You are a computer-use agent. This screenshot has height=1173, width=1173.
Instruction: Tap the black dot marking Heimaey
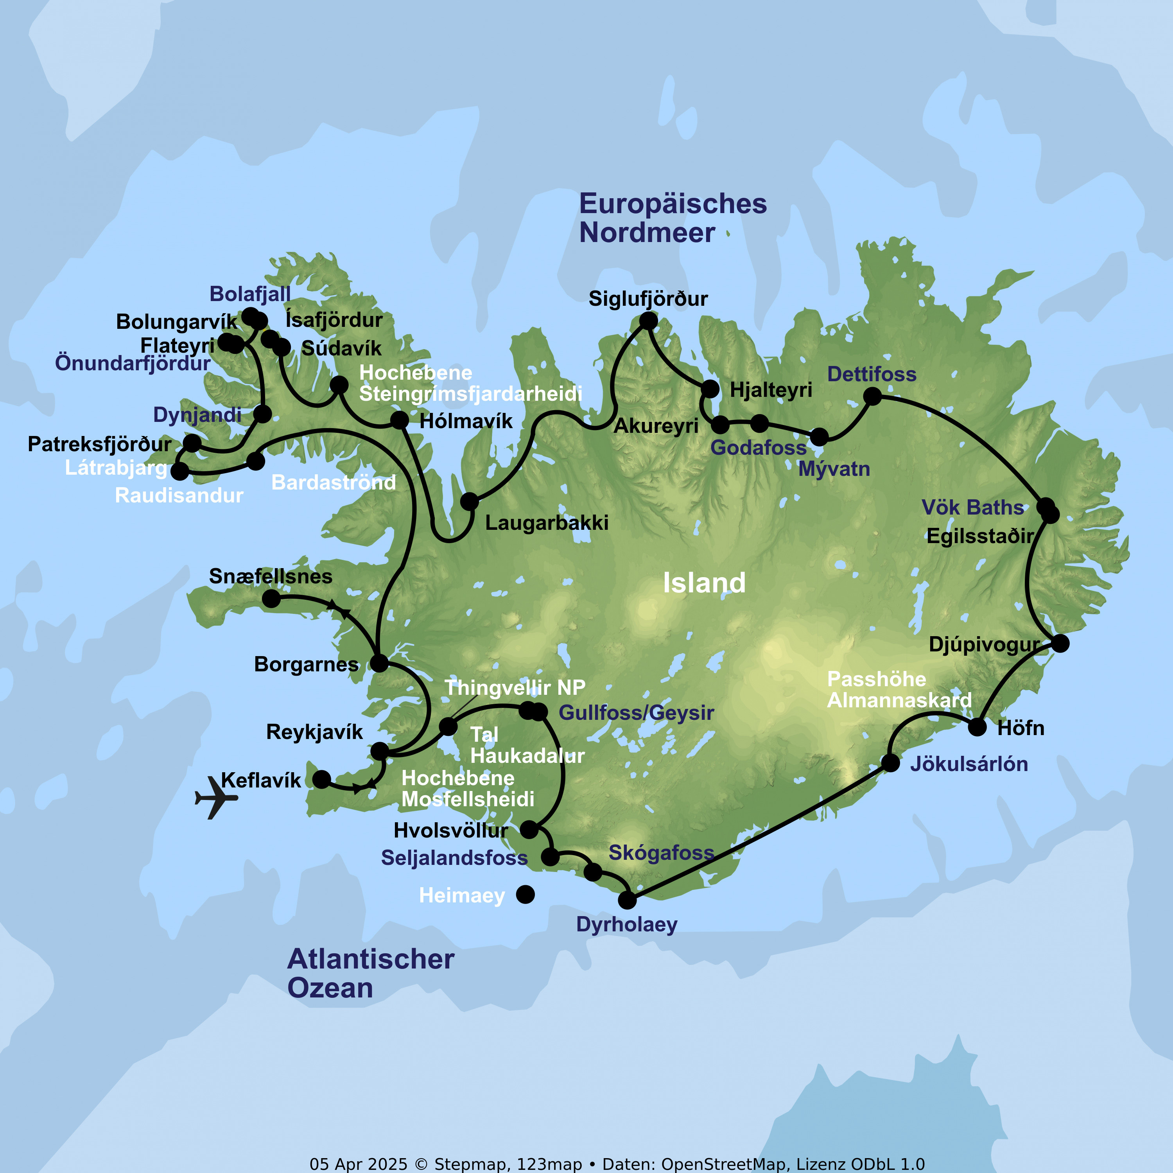(525, 894)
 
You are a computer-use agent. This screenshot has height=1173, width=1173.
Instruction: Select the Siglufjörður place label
(648, 299)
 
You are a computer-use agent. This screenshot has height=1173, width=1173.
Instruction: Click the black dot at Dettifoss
(872, 396)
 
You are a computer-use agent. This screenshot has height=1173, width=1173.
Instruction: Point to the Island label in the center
(704, 583)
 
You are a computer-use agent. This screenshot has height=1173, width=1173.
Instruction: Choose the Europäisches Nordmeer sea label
(672, 218)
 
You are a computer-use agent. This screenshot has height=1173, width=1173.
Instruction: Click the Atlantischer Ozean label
(370, 973)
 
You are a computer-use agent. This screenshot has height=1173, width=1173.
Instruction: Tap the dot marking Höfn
(977, 727)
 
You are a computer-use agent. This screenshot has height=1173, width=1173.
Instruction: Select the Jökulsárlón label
(969, 764)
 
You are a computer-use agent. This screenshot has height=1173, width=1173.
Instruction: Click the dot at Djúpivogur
(1060, 643)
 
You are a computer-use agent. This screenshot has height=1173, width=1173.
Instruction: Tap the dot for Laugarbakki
(469, 502)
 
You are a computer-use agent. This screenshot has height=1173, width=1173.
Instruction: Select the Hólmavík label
(466, 421)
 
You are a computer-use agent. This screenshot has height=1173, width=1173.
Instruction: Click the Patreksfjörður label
(100, 444)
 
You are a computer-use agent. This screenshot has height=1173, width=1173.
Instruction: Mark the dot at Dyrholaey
(627, 900)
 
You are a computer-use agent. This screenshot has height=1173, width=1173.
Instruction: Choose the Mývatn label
(834, 469)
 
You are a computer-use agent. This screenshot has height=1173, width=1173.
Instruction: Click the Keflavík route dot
(321, 779)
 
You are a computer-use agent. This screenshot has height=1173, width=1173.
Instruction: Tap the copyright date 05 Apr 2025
(358, 1164)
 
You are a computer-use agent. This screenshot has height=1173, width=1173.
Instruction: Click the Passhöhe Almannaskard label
(899, 690)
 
